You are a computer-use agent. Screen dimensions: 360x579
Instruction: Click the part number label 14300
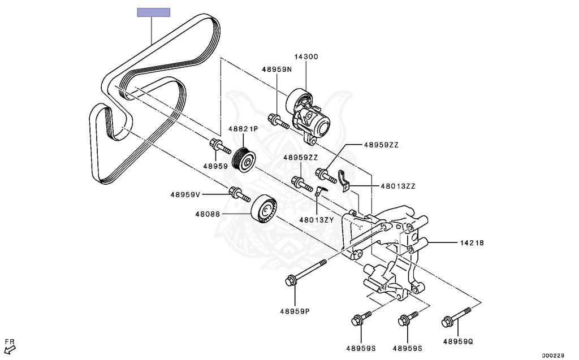[x=306, y=57]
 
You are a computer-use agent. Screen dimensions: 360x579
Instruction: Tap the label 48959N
[x=276, y=70]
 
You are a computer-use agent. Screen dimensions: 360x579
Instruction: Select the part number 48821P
[x=243, y=129]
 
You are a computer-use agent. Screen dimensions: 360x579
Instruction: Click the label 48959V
[x=185, y=194]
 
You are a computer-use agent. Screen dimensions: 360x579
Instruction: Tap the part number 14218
[x=472, y=242]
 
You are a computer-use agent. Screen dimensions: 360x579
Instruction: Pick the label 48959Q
[x=457, y=341]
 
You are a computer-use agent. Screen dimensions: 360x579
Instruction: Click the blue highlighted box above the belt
[x=153, y=12]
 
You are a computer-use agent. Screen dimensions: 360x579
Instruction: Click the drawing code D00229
[x=552, y=355]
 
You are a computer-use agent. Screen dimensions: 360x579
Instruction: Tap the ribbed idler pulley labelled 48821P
[x=244, y=158]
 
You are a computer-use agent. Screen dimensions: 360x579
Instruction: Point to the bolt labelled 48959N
[x=279, y=121]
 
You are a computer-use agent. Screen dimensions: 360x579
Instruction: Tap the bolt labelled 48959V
[x=239, y=194]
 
